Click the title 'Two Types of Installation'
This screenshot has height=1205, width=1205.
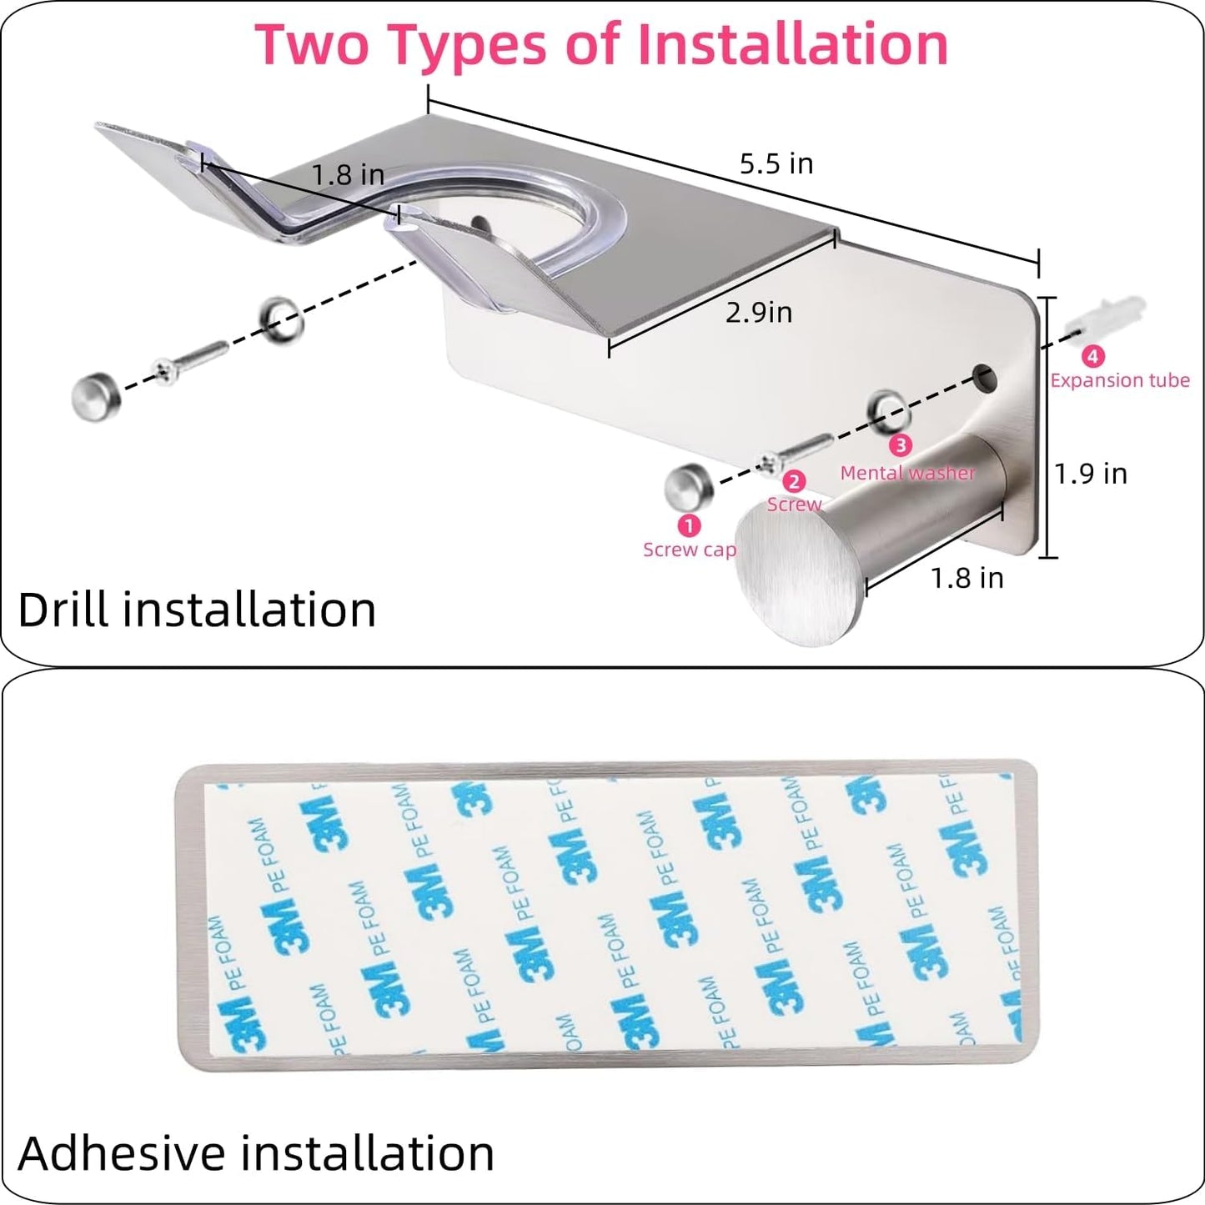tap(601, 45)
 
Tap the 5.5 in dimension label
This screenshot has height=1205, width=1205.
tap(776, 163)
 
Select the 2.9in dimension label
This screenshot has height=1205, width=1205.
tap(758, 313)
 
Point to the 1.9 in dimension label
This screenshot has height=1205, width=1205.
tap(1090, 474)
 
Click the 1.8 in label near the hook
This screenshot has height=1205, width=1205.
tap(967, 578)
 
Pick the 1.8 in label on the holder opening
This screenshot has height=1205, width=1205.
tap(348, 175)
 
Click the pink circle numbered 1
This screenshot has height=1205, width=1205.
tap(689, 525)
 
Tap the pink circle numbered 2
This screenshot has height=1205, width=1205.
tap(794, 481)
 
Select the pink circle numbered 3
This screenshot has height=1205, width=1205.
tap(900, 445)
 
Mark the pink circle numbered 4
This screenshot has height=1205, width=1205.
tap(1092, 356)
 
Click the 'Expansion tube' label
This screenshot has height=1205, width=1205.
tap(1119, 380)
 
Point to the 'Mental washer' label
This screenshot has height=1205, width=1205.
tap(907, 473)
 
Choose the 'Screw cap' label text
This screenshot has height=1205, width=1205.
tap(689, 550)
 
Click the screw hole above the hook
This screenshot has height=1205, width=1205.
tap(986, 376)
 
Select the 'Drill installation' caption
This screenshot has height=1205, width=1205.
tap(197, 610)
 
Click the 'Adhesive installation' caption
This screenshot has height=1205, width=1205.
tap(255, 1153)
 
